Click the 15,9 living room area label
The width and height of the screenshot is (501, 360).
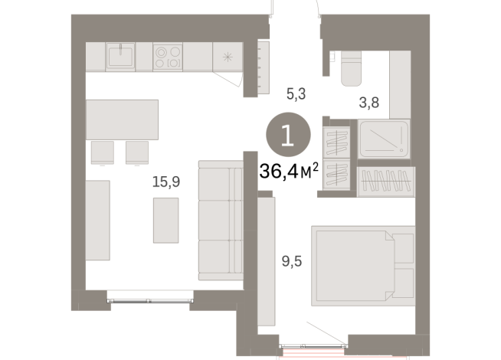(165, 183)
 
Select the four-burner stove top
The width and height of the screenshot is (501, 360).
(169, 56)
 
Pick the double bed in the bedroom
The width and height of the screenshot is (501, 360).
(362, 263)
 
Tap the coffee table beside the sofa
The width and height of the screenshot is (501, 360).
(165, 220)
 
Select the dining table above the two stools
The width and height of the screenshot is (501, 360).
(123, 119)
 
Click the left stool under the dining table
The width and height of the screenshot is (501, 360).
(102, 152)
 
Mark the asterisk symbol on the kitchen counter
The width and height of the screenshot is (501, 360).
(228, 57)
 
